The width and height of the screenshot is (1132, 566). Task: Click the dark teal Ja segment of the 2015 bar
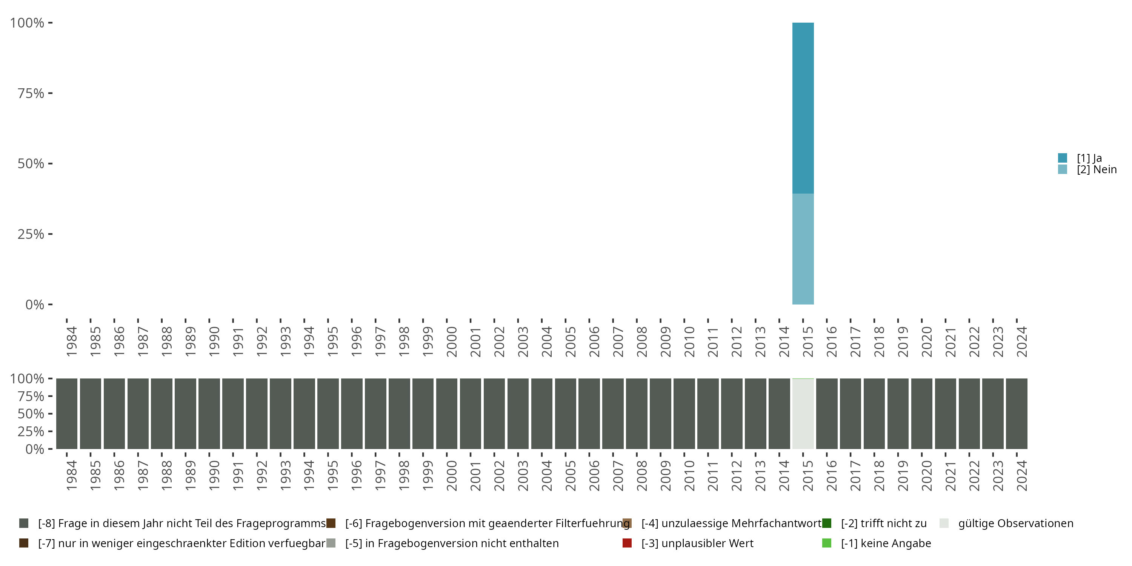[x=803, y=108]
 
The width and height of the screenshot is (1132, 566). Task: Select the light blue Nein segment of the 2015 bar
[x=803, y=249]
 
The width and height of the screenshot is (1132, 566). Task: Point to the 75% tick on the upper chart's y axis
[x=31, y=93]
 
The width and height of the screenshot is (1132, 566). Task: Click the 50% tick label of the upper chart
[x=31, y=163]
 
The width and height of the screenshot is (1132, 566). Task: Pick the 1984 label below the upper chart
[x=71, y=341]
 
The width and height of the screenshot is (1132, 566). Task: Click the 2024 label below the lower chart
[x=1022, y=475]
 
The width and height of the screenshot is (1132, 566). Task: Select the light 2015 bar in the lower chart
[x=803, y=414]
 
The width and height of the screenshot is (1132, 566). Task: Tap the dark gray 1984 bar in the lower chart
[x=66, y=414]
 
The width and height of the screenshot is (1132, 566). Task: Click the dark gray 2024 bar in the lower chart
[x=1017, y=414]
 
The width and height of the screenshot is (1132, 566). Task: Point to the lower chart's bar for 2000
[x=446, y=414]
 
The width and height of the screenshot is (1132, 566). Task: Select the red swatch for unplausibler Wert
[x=627, y=543]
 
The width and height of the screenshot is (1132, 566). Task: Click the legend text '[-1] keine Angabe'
[x=886, y=543]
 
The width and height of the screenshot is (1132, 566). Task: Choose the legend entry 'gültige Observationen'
[x=1015, y=523]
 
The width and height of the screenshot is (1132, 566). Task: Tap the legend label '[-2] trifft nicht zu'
[x=883, y=523]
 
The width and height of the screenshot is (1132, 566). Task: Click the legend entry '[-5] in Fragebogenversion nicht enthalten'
[x=452, y=543]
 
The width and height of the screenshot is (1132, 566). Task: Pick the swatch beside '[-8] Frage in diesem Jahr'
[x=24, y=523]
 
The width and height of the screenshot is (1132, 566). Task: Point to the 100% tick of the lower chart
[x=27, y=378]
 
